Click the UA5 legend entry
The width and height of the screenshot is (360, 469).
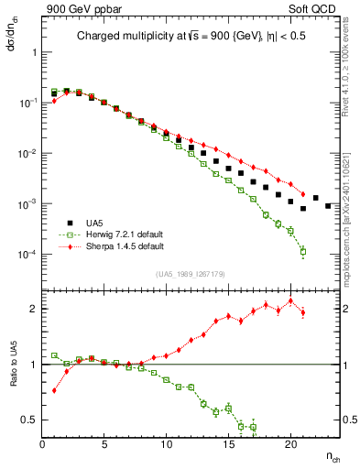[101, 223]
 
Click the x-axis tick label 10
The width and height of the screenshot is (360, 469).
[166, 445]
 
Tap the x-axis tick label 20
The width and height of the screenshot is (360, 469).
[290, 445]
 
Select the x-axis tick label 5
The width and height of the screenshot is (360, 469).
[104, 445]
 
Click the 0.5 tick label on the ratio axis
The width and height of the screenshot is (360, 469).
[31, 420]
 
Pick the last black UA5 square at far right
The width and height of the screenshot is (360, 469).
[328, 206]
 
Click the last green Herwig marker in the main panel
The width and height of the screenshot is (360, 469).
[303, 251]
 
